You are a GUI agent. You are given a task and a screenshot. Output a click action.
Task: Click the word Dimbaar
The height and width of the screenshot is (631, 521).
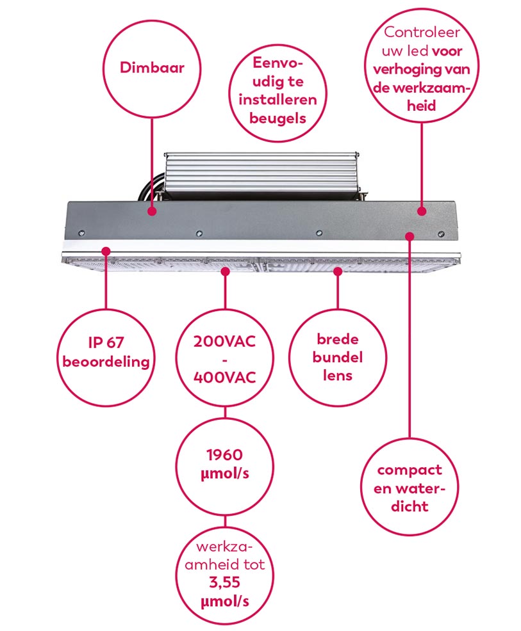pos(152,67)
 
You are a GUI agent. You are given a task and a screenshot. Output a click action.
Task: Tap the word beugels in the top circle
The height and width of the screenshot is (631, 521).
pos(277,118)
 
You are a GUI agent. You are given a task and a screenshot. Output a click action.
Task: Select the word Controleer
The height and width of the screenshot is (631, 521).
pos(422,32)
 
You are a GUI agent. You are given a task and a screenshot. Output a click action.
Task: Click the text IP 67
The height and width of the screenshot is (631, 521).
pos(106,342)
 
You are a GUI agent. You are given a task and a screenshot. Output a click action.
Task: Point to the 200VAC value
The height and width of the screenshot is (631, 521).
pos(224,342)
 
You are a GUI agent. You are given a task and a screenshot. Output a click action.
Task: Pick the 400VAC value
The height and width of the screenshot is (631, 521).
pos(224,378)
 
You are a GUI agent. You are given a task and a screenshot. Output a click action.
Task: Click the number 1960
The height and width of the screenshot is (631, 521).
pos(224,455)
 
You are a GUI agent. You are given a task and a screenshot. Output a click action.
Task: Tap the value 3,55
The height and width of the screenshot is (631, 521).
pos(224,582)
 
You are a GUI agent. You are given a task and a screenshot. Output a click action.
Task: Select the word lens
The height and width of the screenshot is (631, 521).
pos(338,376)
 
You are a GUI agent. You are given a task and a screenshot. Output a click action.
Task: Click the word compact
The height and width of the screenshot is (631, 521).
pos(409,470)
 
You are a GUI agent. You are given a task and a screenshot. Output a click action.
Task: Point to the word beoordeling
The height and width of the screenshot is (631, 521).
pos(106,362)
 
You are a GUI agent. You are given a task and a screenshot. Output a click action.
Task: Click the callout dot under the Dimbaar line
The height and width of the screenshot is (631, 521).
pos(152,211)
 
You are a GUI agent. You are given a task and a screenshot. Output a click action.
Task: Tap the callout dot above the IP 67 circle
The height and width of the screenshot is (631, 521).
pos(106,252)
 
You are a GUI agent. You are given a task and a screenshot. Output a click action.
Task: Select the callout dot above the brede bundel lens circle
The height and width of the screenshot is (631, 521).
pos(338,271)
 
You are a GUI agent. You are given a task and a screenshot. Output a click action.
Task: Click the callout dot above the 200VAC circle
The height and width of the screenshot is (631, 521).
pos(225,271)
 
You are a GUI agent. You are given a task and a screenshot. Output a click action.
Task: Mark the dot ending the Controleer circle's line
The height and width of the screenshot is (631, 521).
pos(422,211)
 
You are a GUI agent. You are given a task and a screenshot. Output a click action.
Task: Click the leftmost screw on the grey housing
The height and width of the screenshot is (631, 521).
pos(82,233)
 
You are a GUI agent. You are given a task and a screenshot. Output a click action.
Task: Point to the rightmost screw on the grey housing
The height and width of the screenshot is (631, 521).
pos(442,234)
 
